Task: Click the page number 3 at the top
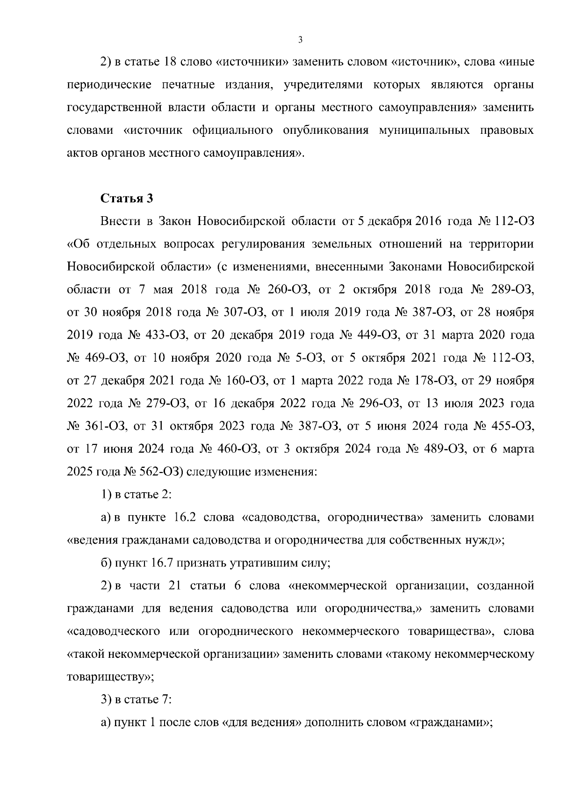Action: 300,40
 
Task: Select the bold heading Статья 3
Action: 127,198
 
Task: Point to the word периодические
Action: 109,85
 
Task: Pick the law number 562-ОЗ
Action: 161,472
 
